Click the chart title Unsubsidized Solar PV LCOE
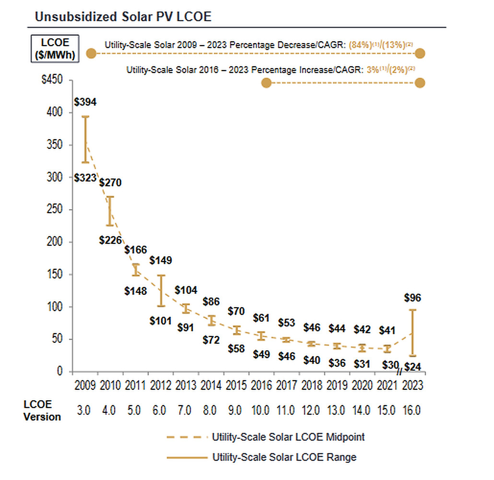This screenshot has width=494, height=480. coord(123,17)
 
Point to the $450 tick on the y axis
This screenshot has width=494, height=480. coord(52,80)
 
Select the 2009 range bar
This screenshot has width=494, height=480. coord(85,139)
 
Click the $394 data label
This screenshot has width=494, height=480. coord(85,102)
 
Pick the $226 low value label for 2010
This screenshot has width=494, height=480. coord(111,240)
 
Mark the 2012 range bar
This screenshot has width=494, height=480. coord(161,290)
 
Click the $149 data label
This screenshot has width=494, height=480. coord(161,261)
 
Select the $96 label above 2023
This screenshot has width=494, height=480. coord(412,298)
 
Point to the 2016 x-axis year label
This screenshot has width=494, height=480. coord(261,385)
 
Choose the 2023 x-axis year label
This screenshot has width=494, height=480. coord(412,385)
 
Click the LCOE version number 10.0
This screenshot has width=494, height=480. coord(261,410)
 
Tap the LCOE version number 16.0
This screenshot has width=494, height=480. coord(412,410)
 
